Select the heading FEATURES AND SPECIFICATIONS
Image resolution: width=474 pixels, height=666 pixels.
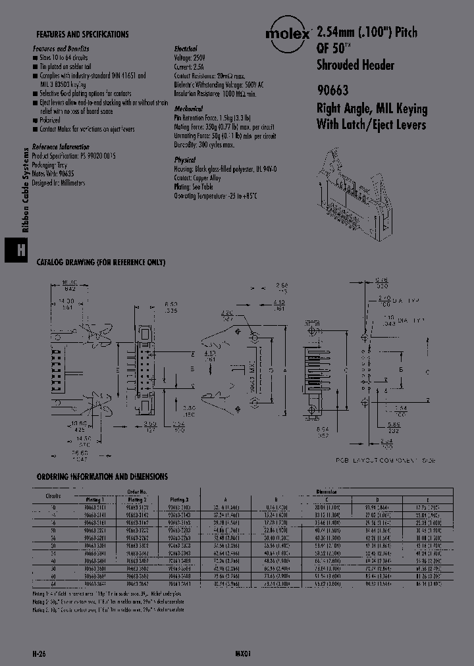(x=82, y=34)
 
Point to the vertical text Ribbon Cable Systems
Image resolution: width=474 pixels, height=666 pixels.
(x=25, y=190)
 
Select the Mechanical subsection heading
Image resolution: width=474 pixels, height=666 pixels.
(x=188, y=109)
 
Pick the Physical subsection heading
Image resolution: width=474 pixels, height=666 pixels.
(x=185, y=160)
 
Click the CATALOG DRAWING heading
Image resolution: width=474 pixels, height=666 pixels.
(x=101, y=262)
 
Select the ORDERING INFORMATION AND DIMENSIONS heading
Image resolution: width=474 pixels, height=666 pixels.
(x=102, y=476)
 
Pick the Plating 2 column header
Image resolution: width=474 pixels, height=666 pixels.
(x=134, y=500)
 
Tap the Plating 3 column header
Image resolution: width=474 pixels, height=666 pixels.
(x=179, y=500)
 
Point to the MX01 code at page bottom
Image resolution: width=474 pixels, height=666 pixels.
(x=243, y=653)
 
